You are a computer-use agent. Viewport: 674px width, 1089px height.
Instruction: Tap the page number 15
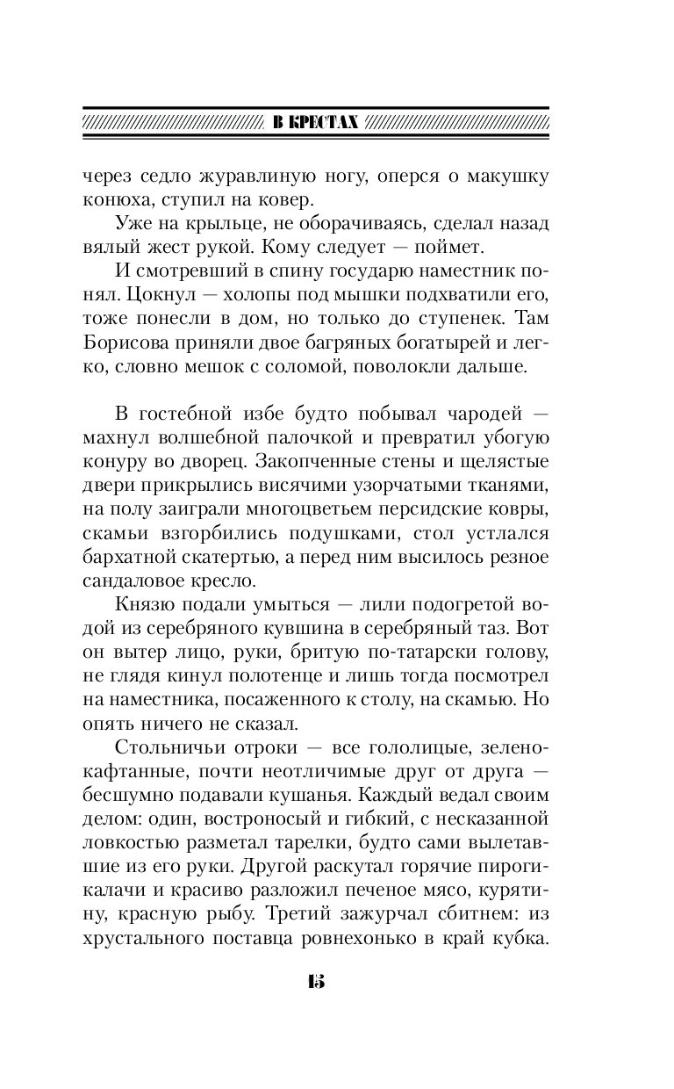point(316,981)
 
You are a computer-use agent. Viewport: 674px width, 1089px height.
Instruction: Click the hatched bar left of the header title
point(171,123)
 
